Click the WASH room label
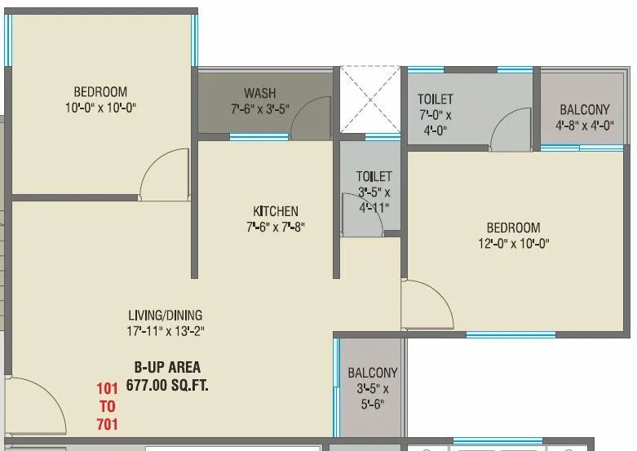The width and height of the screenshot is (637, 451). click(259, 93)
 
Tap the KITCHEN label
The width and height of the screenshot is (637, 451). click(275, 211)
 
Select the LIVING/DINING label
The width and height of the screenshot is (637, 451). click(165, 315)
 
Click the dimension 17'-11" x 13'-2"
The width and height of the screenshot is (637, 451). click(165, 330)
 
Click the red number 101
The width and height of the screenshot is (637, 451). click(107, 387)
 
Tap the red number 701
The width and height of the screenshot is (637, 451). click(107, 423)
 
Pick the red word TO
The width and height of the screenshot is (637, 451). click(107, 405)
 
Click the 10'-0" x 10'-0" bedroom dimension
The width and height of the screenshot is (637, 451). click(100, 107)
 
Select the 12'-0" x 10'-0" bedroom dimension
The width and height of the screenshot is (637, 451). click(514, 243)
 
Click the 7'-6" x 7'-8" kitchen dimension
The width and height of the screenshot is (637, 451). click(275, 227)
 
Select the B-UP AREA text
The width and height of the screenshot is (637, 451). click(167, 367)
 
